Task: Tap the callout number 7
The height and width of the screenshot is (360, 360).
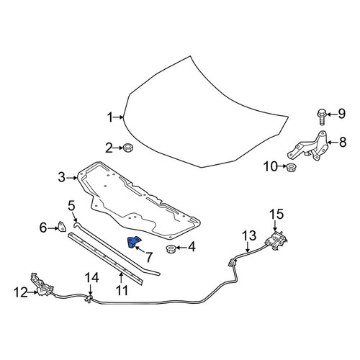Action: [x=149, y=257]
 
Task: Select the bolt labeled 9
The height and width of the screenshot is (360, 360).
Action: [x=321, y=117]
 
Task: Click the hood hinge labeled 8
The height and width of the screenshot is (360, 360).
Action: [x=310, y=147]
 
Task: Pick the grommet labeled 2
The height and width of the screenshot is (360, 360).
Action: [x=128, y=148]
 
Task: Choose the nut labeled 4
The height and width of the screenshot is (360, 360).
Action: [x=171, y=249]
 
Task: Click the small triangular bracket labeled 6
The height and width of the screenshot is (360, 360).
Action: [x=62, y=227]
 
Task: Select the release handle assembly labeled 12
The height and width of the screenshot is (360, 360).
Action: [x=41, y=286]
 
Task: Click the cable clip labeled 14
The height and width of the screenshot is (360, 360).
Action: [x=89, y=299]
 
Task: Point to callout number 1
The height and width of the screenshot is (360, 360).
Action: [x=109, y=117]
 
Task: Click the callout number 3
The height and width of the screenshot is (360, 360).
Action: [x=62, y=178]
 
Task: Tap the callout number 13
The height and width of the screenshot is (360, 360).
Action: [x=249, y=235]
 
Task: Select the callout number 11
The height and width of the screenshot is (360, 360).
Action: [x=122, y=291]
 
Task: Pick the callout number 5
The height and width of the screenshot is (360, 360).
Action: [x=71, y=206]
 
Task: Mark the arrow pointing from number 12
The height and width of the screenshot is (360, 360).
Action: [x=33, y=292]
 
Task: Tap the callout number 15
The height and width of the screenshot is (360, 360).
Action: [x=276, y=214]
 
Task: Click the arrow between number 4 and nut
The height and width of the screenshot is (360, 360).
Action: [x=181, y=247]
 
